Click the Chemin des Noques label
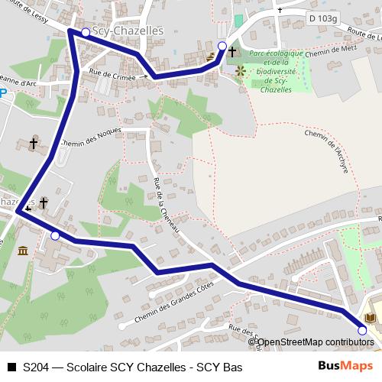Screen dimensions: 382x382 pos(90,136)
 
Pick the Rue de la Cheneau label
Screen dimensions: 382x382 pos(167,206)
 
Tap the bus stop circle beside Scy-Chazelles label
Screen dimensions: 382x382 pos(86,32)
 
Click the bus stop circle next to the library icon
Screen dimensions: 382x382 pos(362,330)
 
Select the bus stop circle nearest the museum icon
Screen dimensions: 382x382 pos(55,236)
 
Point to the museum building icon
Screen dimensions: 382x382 pos(22,251)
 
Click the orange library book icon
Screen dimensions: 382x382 pos(372,317)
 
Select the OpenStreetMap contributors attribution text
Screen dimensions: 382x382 pos(314,342)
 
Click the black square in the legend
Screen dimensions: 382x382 pos(11,367)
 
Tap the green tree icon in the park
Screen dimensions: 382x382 pos(241,72)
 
